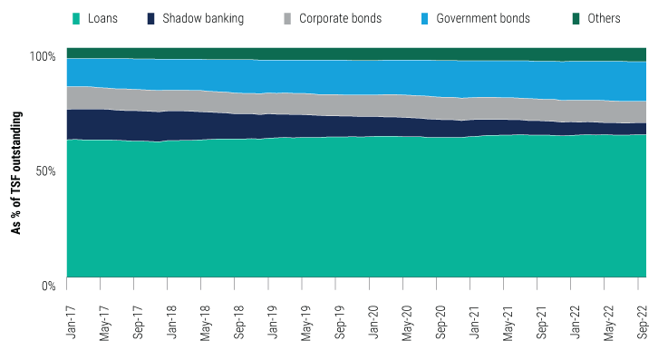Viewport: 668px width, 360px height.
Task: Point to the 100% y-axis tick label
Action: click(42, 56)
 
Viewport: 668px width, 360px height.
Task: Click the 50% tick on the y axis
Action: click(44, 170)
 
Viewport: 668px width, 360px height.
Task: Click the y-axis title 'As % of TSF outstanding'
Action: click(16, 170)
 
